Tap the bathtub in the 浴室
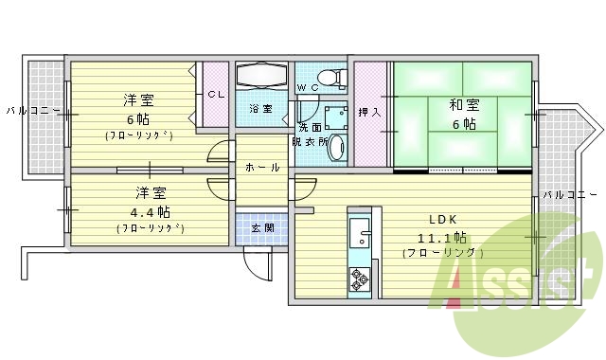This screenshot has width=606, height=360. pos(261,76)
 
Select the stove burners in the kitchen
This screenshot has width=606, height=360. pos(360,278)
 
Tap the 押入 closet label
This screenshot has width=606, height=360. pos(370,112)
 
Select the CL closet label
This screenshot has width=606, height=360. pos(216,94)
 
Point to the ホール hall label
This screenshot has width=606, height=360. pos(262,168)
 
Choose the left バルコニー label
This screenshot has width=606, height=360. pos(33,111)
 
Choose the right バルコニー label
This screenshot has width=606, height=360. pos(569,194)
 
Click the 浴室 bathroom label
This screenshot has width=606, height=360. pos(260,109)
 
